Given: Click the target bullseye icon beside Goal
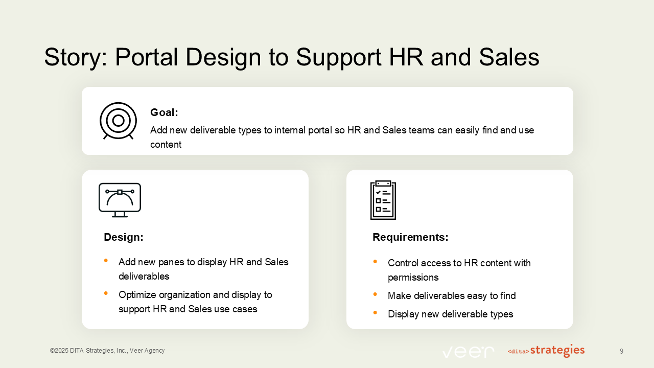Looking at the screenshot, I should point(118,121).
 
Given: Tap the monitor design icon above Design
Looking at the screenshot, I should point(120,199).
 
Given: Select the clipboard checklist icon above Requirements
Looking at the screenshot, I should point(383,200).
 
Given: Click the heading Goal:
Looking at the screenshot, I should point(164,112).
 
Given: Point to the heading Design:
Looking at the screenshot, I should point(124,237).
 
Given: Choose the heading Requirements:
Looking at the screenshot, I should point(410,237).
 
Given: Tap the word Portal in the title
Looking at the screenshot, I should point(150,57).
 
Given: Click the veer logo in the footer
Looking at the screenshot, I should point(468,351).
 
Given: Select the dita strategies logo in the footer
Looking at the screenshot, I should point(546,351).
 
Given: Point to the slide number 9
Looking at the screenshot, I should point(621,351).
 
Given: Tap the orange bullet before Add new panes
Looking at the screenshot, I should point(106,261).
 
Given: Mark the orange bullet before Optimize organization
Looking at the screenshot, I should point(106,293).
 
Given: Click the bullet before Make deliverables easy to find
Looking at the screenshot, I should point(375,294).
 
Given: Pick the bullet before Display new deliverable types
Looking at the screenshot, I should point(375,313).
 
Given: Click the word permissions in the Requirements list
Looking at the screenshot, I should point(413,278).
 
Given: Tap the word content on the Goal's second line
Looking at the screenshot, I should point(166,145).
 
